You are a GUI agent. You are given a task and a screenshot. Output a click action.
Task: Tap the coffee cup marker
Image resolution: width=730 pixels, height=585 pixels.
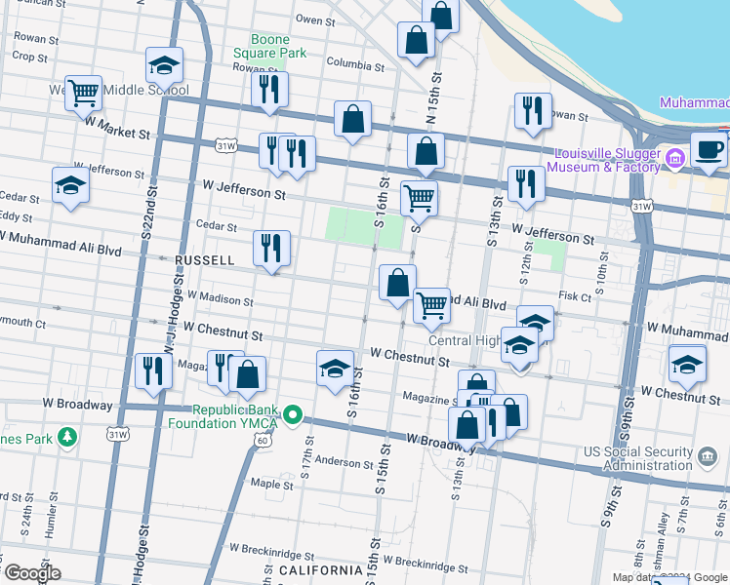pyautogui.click(x=709, y=151)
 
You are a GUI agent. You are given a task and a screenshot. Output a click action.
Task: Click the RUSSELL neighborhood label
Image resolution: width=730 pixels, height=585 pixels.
pyautogui.click(x=204, y=260)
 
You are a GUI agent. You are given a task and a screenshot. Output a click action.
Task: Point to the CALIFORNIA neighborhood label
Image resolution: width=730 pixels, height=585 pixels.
pyautogui.click(x=321, y=570)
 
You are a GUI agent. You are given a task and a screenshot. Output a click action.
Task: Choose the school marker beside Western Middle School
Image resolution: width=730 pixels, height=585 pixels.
pyautogui.click(x=164, y=66)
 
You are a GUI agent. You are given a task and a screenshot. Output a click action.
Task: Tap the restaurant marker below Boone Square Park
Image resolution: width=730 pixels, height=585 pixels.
pyautogui.click(x=268, y=90)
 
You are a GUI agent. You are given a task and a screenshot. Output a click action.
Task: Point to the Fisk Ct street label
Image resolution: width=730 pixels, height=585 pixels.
pyautogui.click(x=574, y=295)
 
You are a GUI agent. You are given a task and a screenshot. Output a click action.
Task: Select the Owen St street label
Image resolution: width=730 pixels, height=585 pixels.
pyautogui.click(x=316, y=19)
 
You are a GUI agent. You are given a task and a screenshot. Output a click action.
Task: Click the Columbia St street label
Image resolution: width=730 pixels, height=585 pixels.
pyautogui.click(x=355, y=64)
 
